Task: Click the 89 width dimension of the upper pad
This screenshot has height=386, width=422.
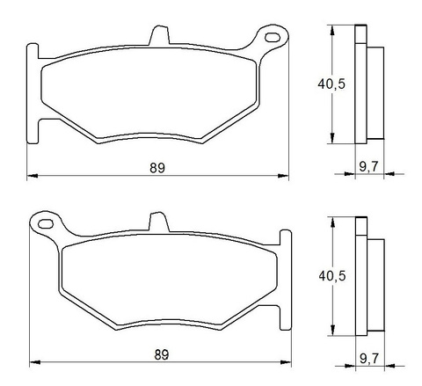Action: [x=157, y=167]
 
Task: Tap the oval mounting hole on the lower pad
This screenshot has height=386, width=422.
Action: [x=42, y=226]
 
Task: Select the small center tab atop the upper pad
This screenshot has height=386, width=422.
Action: [x=159, y=36]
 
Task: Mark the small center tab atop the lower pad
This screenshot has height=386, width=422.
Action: [x=156, y=223]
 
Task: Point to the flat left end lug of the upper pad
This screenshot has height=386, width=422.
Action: [x=33, y=92]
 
